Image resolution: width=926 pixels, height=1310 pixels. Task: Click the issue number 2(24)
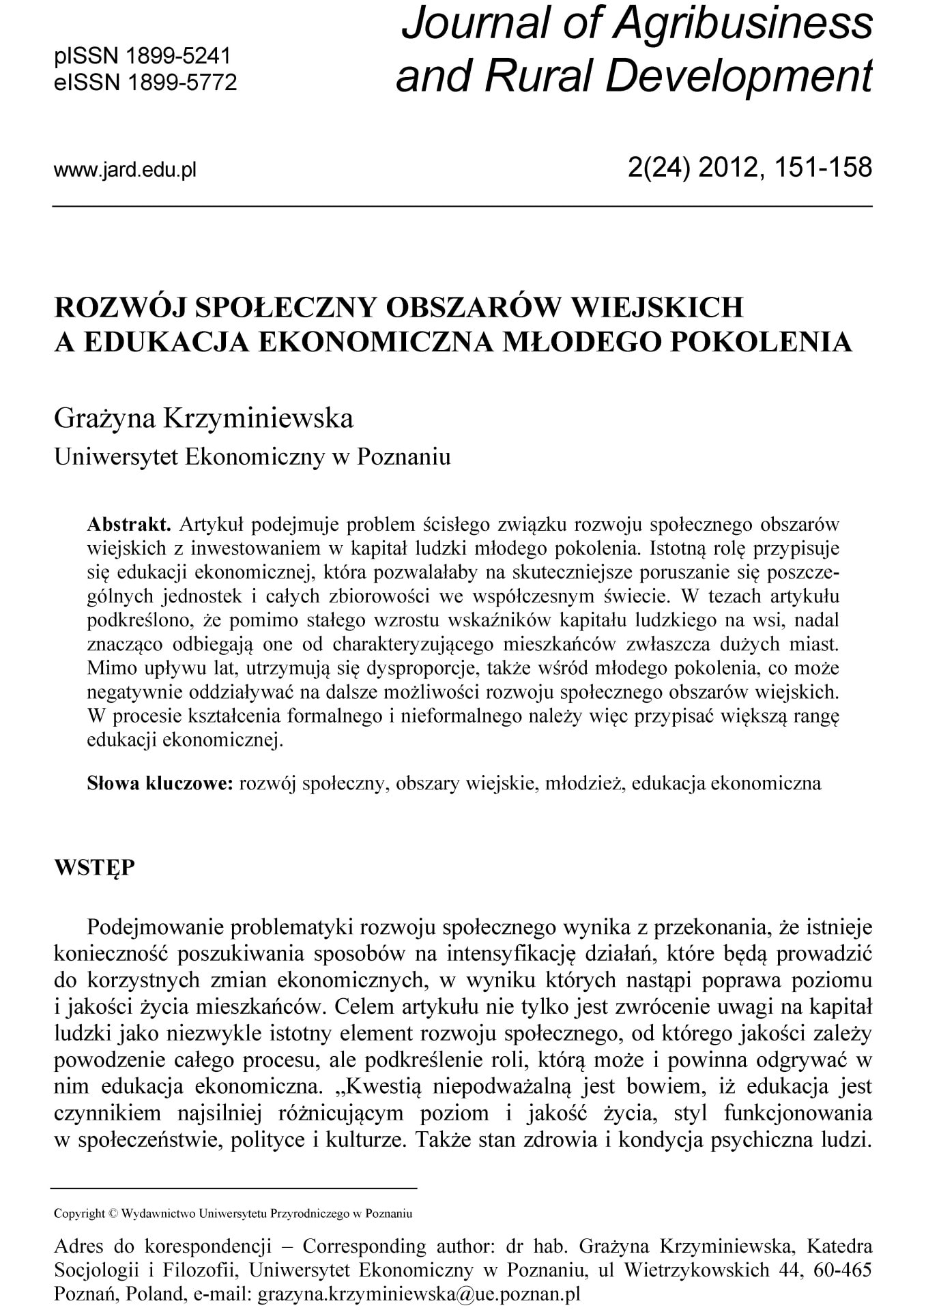pos(655,166)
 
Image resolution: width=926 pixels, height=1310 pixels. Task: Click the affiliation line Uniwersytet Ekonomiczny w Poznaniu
pos(252,456)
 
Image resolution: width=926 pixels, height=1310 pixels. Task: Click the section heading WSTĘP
pos(94,869)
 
